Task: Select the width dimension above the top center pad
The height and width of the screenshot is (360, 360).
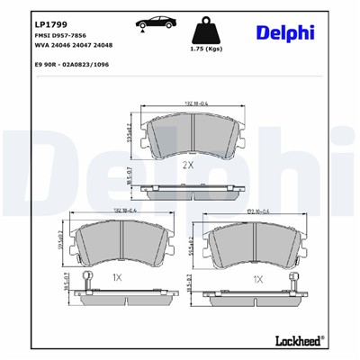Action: [190, 106]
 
